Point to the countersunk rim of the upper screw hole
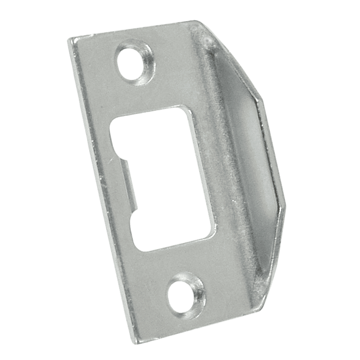[x=146, y=56]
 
